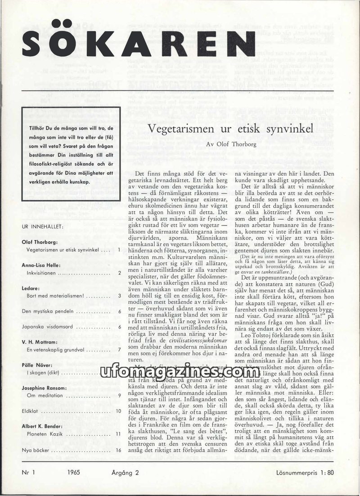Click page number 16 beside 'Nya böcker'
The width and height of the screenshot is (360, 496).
point(118,450)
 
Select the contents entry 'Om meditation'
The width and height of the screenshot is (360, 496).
point(43,396)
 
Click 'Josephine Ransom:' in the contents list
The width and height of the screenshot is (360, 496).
point(44,388)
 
